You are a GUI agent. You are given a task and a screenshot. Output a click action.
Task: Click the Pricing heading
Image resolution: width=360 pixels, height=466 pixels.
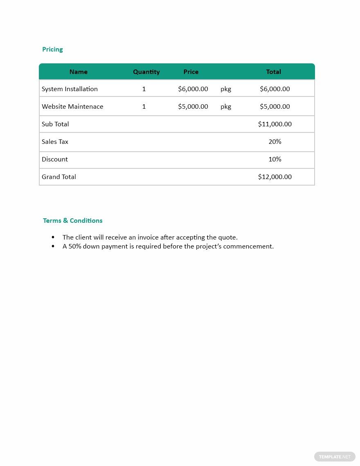[52, 49]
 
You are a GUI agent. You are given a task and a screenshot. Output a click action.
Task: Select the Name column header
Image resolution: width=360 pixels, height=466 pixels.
[78, 72]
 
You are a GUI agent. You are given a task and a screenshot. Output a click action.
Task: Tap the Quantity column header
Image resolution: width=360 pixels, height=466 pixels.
[146, 72]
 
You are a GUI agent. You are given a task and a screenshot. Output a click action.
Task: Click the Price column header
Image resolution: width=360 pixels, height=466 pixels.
[191, 72]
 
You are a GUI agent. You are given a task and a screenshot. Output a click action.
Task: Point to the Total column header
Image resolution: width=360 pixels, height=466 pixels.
[273, 72]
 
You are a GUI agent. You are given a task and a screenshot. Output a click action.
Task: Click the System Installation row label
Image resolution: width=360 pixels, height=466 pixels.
[70, 89]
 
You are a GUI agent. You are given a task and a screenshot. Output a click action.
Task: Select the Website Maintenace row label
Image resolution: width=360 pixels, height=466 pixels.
[72, 107]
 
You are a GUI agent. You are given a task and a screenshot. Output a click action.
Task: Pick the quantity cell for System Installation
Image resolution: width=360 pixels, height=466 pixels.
[144, 89]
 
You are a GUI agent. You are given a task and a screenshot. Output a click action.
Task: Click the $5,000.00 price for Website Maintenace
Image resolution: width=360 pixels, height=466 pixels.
[193, 107]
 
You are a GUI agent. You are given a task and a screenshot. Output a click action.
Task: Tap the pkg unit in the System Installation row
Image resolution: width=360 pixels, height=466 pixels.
[226, 89]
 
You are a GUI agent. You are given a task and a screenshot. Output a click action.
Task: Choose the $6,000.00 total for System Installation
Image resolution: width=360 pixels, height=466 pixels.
[275, 89]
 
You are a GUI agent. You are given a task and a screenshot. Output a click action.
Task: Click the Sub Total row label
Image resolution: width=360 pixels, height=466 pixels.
[55, 124]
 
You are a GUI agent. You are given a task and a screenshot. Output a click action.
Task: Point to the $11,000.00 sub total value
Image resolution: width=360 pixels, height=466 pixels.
[275, 124]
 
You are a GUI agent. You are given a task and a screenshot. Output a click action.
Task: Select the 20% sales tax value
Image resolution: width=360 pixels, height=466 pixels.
[275, 142]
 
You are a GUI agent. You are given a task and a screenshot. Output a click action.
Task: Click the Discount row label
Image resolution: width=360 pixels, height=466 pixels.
[55, 159]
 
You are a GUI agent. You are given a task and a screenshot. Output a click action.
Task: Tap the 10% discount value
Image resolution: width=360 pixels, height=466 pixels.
[275, 159]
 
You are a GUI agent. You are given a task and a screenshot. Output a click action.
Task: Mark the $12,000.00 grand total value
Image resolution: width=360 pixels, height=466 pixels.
[275, 177]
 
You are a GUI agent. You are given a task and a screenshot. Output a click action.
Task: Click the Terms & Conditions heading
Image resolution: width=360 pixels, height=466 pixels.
[73, 221]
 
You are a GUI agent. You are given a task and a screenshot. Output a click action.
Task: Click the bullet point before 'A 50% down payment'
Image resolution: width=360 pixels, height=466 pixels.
[53, 246]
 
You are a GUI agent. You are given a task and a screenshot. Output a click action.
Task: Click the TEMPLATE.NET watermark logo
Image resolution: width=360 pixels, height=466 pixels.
[335, 457]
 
